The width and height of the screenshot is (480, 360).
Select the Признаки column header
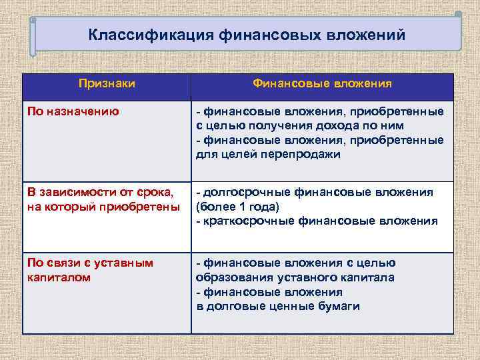(107, 84)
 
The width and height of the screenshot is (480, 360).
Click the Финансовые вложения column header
(322, 84)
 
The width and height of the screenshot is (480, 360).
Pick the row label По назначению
(73, 111)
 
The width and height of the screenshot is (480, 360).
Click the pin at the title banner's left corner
(33, 20)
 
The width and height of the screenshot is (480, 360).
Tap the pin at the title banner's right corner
(458, 13)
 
